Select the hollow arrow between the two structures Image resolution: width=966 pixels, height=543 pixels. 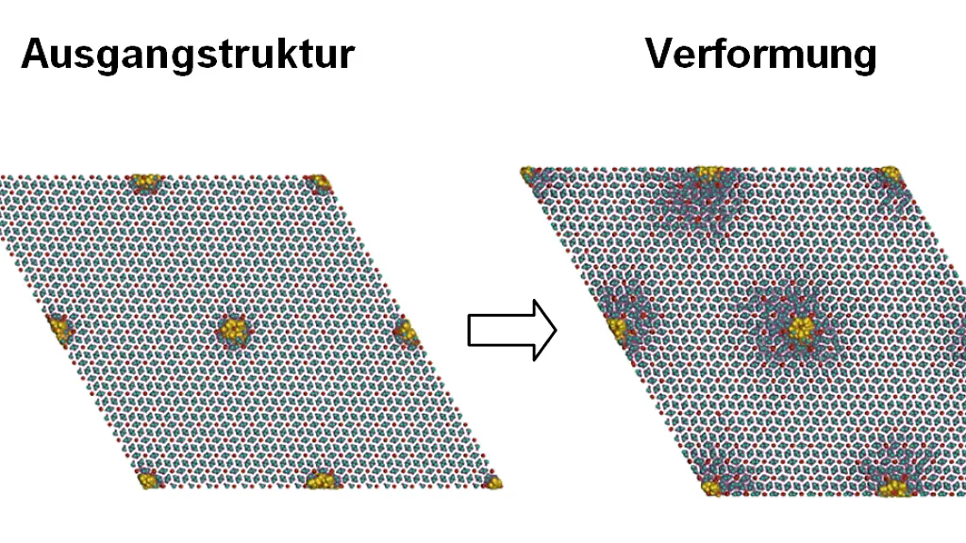coord(512,331)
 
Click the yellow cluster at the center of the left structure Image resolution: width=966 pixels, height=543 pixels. coord(234,330)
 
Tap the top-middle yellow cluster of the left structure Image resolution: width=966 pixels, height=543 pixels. coord(145,183)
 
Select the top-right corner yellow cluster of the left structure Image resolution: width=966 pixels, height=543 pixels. coord(318,183)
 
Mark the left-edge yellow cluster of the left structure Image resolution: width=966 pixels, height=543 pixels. coord(60,329)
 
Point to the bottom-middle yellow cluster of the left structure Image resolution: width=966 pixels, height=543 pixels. coord(322,480)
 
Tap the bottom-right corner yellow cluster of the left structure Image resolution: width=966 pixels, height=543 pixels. coord(492,482)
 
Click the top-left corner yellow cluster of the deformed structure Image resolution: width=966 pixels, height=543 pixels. coord(528,174)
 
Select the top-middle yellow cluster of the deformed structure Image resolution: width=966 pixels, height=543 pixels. coord(709,173)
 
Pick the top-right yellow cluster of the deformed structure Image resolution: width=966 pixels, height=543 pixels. coord(890,173)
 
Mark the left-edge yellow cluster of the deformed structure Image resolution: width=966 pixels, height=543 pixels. coord(617,327)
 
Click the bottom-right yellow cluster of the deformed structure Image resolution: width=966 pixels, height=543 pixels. coord(892,488)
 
